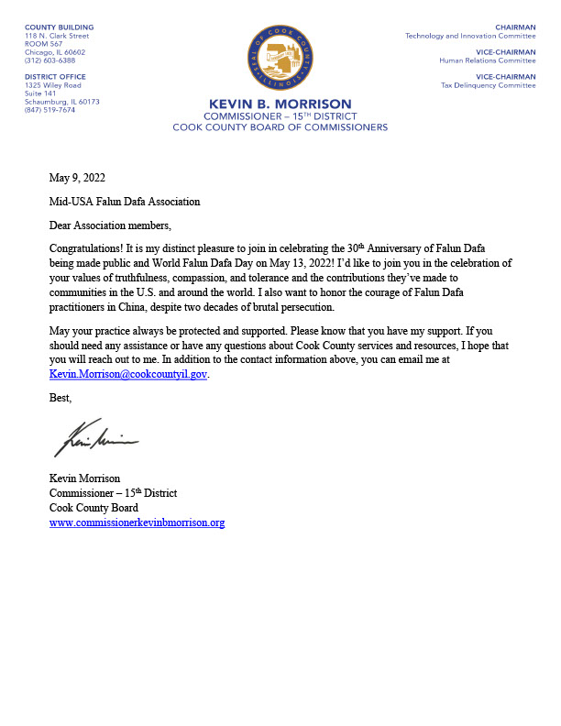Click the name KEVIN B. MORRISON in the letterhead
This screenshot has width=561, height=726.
[280, 104]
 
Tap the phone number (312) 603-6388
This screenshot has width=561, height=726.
[50, 60]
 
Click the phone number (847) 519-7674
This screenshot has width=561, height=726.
[50, 109]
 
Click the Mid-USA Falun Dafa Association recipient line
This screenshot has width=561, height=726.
[125, 202]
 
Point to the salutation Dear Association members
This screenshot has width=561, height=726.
[110, 225]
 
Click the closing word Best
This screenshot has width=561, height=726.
[60, 399]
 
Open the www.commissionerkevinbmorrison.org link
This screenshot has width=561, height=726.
[137, 522]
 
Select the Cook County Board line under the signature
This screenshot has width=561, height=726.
[93, 508]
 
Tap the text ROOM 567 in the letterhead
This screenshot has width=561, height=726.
[41, 44]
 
